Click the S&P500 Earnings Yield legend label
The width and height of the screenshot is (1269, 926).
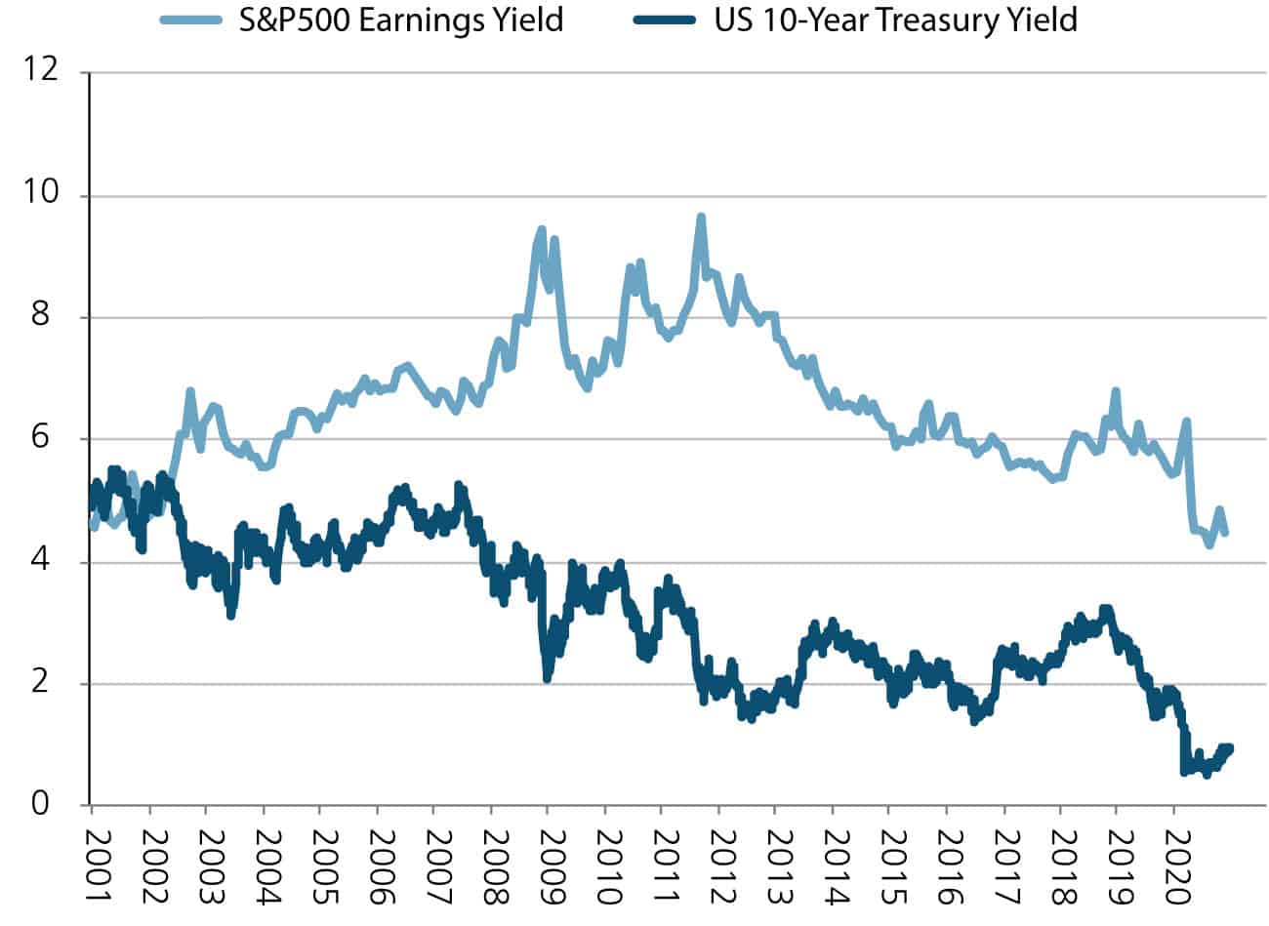pos(401,20)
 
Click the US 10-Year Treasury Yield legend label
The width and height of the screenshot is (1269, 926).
pos(895,20)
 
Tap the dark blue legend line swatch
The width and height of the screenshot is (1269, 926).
pos(667,20)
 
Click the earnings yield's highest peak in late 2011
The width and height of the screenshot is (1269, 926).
pos(700,217)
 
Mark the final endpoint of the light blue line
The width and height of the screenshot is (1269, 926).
pos(1225,533)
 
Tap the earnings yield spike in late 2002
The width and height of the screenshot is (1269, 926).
pos(189,391)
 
